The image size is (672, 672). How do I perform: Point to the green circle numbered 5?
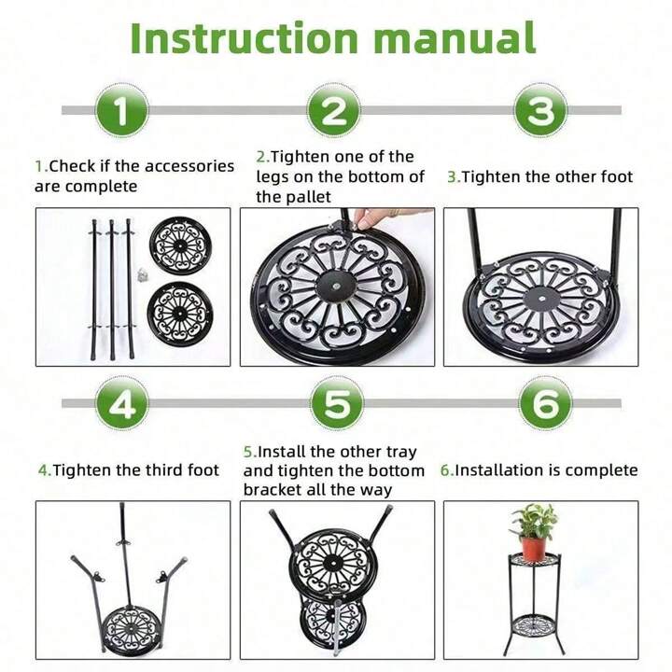335,403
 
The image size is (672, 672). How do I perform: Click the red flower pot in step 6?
533,547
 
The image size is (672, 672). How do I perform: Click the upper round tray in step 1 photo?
181,244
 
